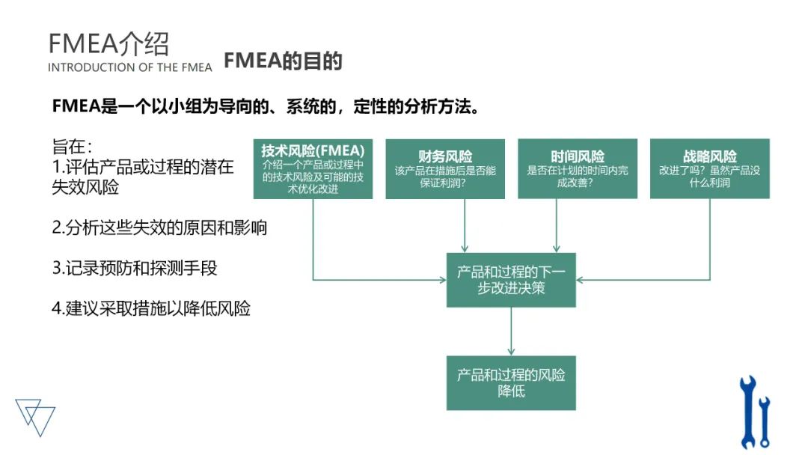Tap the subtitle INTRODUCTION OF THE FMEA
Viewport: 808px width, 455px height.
click(x=129, y=67)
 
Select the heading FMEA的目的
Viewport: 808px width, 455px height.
click(x=283, y=61)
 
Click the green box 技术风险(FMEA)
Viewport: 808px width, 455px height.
click(x=313, y=169)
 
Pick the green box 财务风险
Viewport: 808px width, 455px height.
click(x=445, y=169)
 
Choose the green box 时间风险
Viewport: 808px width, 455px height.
click(x=578, y=169)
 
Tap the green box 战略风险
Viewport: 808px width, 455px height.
click(x=709, y=169)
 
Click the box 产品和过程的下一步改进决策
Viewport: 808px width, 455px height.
click(x=511, y=280)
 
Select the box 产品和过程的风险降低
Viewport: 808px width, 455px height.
click(x=511, y=382)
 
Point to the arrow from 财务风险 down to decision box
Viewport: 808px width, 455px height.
click(x=465, y=225)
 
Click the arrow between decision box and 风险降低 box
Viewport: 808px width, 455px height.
click(x=511, y=331)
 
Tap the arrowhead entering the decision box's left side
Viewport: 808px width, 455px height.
click(x=441, y=280)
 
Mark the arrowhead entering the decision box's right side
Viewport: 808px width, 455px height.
click(x=581, y=280)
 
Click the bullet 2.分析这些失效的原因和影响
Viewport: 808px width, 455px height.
click(x=159, y=227)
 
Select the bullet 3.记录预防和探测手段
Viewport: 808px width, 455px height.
click(x=135, y=268)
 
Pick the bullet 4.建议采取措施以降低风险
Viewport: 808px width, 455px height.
click(x=151, y=308)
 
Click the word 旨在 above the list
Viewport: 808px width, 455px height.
click(x=72, y=147)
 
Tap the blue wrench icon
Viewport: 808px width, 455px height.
click(x=753, y=411)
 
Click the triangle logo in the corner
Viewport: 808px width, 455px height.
click(x=35, y=416)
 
